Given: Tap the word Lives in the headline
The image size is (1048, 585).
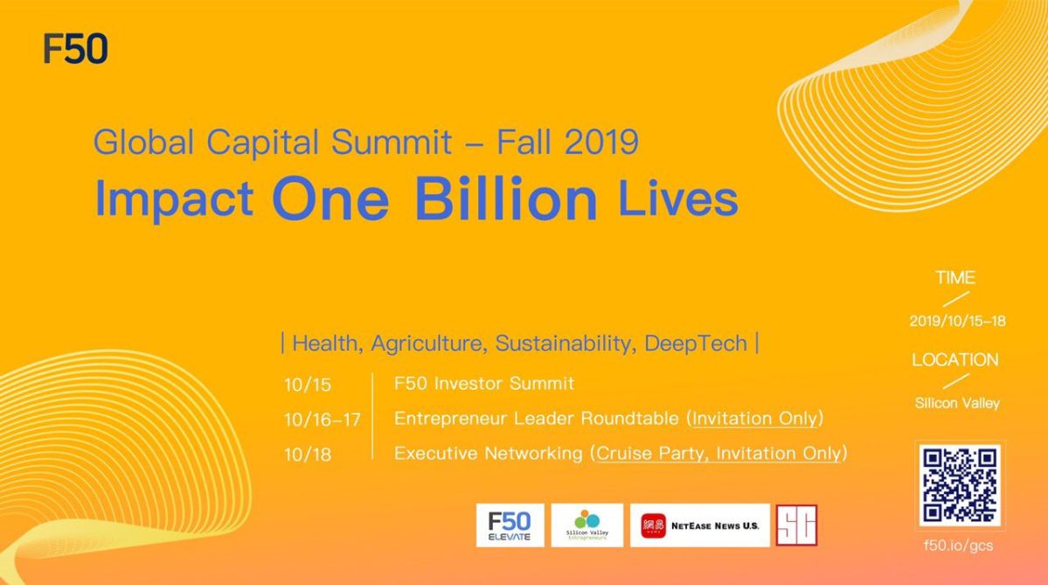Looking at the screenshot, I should pos(677,198).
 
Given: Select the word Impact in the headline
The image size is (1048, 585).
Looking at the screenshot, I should pos(174,198).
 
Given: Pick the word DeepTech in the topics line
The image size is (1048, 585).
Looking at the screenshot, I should pos(696,344).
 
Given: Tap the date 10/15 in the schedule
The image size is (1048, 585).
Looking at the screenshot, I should pos(308,385).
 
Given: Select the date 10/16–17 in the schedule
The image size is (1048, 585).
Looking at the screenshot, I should pos(322,420).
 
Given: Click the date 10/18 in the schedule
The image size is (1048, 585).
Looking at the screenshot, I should pos(308,455).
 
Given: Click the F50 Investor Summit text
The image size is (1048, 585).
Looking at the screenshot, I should pos(484,383).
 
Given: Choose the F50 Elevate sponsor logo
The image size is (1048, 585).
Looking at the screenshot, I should pos(510,525).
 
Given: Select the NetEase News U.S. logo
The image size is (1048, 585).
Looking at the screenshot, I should pos(699,526).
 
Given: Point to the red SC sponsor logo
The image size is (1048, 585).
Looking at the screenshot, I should pos(796,526).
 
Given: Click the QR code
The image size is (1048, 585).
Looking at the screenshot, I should pos(959,486).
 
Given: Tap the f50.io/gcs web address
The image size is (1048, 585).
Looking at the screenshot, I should pos(958,546).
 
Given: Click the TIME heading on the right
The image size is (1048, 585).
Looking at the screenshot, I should pos(954,278).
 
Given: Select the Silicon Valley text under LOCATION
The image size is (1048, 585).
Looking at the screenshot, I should pos(957,403).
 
